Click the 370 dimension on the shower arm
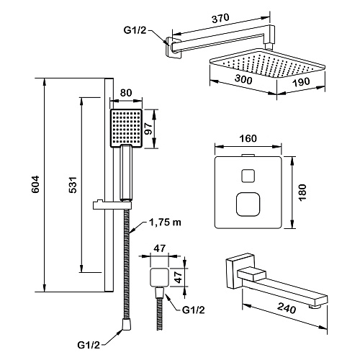coord(220,18)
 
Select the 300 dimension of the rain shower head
coord(243,79)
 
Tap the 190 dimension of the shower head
coord(301,82)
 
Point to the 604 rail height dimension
coord(35,184)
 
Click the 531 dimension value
coord(73,185)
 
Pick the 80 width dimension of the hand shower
coord(126,93)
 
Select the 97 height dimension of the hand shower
coord(148,129)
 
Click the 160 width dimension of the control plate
coord(248,138)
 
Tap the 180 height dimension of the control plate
coord(303,192)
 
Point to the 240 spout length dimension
coord(286,308)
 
